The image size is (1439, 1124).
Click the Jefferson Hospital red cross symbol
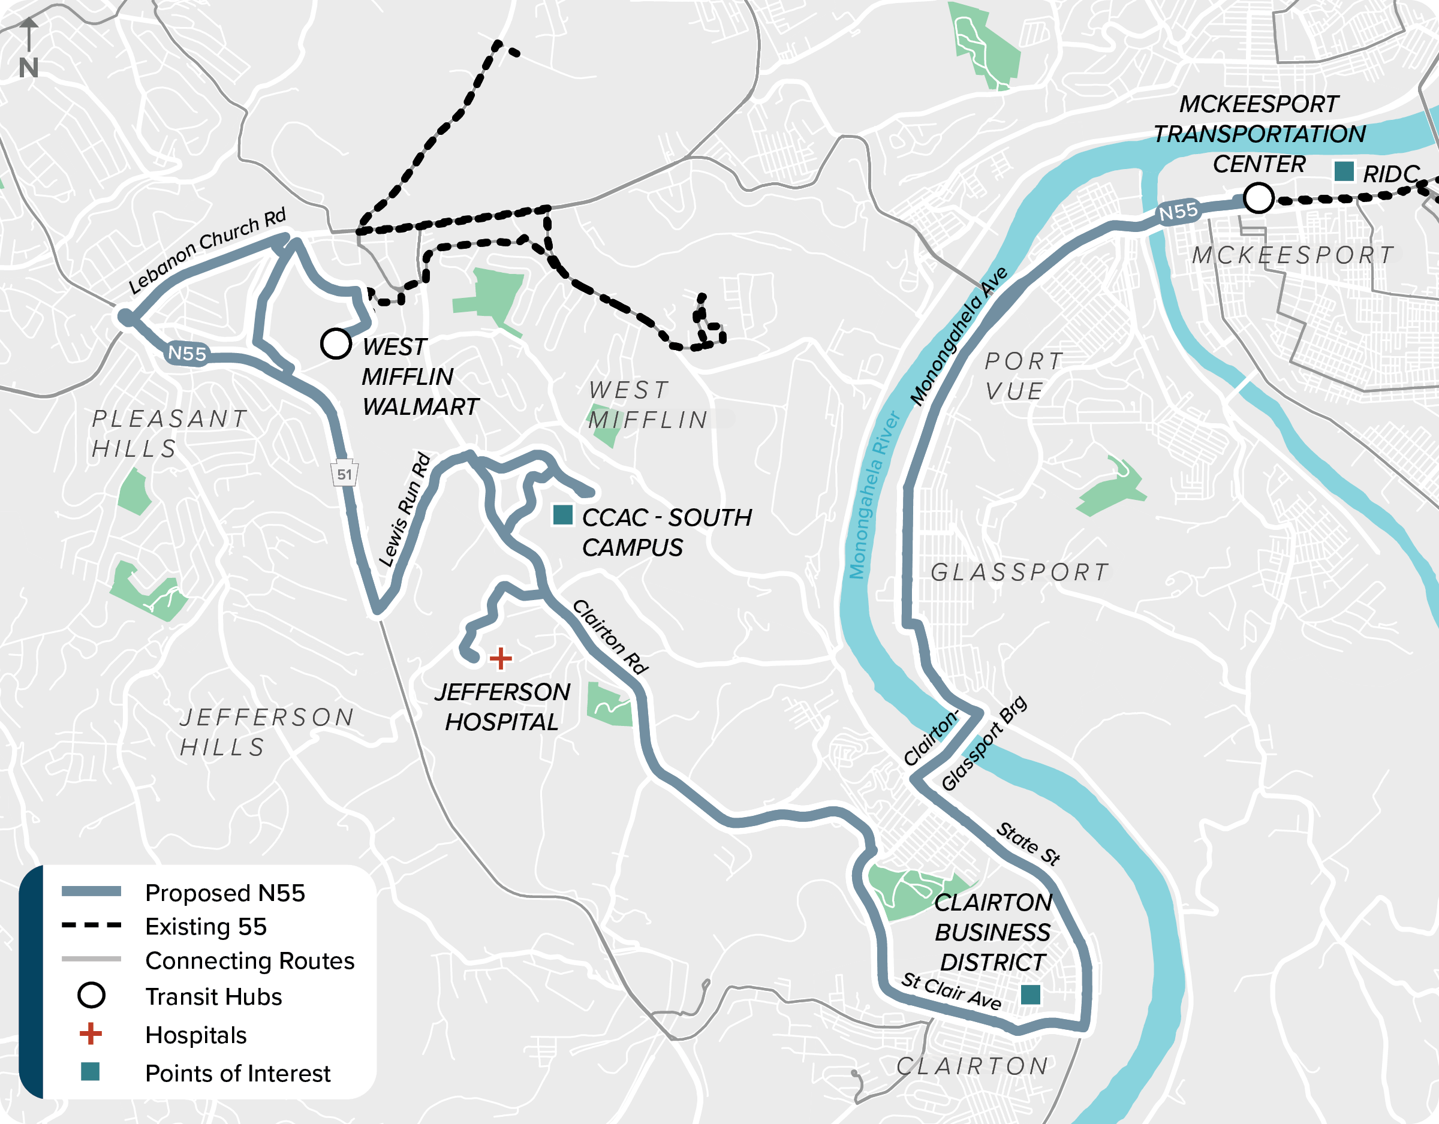pyautogui.click(x=501, y=658)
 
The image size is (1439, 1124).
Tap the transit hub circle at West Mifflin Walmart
pyautogui.click(x=335, y=343)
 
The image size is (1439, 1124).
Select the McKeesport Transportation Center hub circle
pyautogui.click(x=1258, y=198)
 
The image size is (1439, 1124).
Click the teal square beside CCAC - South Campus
pyautogui.click(x=562, y=514)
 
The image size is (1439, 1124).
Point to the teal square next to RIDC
pyautogui.click(x=1344, y=171)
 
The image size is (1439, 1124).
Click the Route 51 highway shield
pyautogui.click(x=344, y=473)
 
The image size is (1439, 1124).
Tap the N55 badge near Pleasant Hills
pyautogui.click(x=187, y=353)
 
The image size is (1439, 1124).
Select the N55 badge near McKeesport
pyautogui.click(x=1178, y=212)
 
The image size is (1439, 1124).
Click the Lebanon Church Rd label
pyautogui.click(x=207, y=251)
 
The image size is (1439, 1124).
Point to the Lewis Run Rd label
pyautogui.click(x=405, y=510)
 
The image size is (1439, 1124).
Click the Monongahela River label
pyautogui.click(x=874, y=495)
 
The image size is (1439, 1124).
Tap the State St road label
pyautogui.click(x=1027, y=843)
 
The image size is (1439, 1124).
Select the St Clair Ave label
pyautogui.click(x=951, y=990)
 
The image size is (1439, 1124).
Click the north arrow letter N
pyautogui.click(x=28, y=68)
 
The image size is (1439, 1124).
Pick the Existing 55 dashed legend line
pyautogui.click(x=91, y=926)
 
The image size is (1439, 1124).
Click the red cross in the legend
pyautogui.click(x=91, y=1033)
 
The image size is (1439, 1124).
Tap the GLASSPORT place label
pyautogui.click(x=1019, y=572)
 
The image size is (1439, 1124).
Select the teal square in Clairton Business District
pyautogui.click(x=1030, y=994)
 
